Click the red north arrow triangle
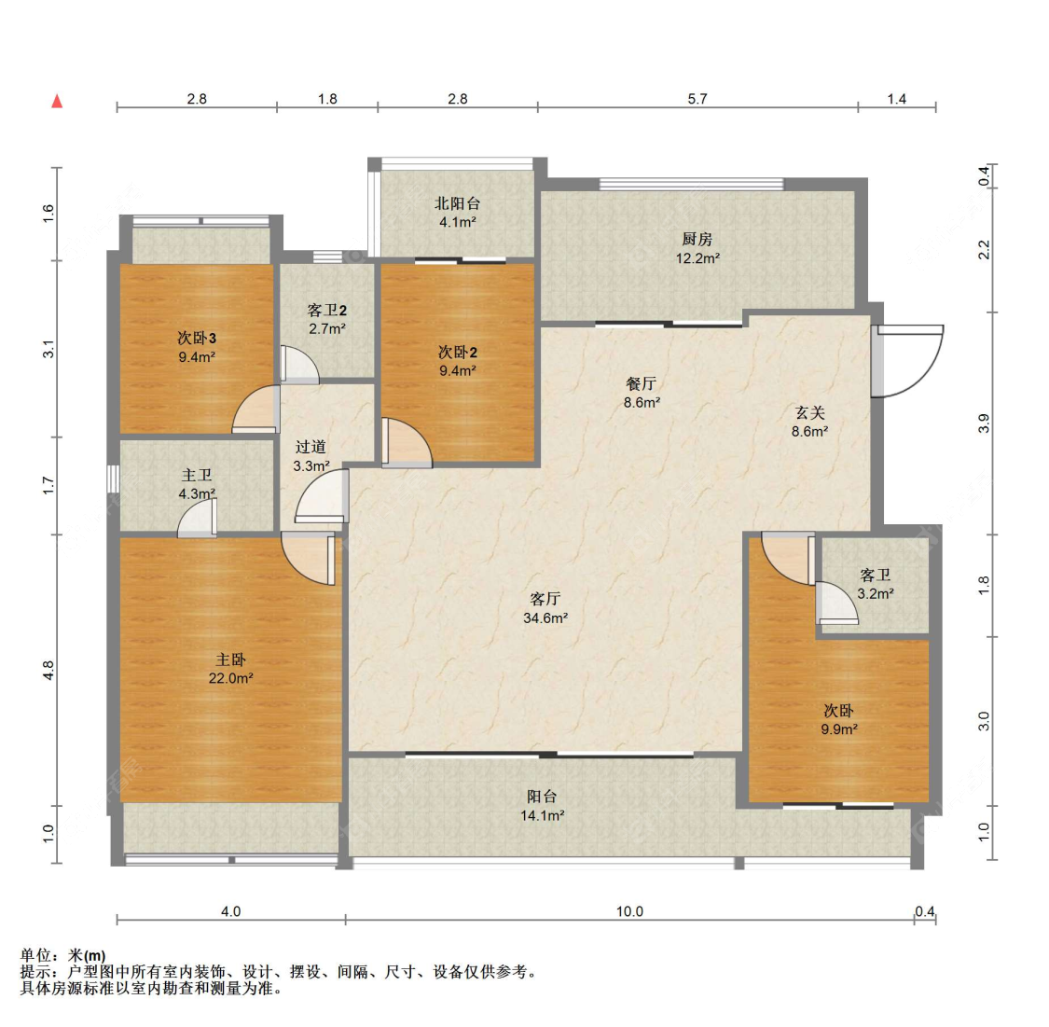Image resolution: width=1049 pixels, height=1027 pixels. point(58,101)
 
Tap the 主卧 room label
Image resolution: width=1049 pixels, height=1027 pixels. point(231,659)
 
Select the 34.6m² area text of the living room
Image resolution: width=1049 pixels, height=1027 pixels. point(545,618)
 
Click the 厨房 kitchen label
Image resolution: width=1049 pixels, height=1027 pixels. point(697,239)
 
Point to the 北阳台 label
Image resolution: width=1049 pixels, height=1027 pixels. point(458,202)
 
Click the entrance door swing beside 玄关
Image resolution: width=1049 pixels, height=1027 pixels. point(908,361)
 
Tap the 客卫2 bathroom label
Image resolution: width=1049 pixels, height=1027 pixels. point(327,310)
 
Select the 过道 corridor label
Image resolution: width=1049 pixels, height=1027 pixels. point(311,446)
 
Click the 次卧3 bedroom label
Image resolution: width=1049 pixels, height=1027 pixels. point(197,338)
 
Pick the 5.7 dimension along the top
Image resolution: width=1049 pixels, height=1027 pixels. point(697,99)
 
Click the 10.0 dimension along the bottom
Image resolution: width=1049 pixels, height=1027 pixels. point(629,911)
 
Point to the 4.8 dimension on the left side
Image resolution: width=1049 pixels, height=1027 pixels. point(48,671)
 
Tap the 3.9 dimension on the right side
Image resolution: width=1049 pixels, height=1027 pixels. point(984,423)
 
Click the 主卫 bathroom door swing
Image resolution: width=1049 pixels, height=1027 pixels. point(198,520)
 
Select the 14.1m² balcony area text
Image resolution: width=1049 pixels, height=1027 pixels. point(543,815)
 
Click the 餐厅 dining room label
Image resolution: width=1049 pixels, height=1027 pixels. point(641,383)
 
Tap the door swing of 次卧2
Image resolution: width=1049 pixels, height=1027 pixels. point(407,442)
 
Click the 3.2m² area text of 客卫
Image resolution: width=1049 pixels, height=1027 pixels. point(876,593)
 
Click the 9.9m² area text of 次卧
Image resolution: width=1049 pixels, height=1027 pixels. point(839,729)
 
